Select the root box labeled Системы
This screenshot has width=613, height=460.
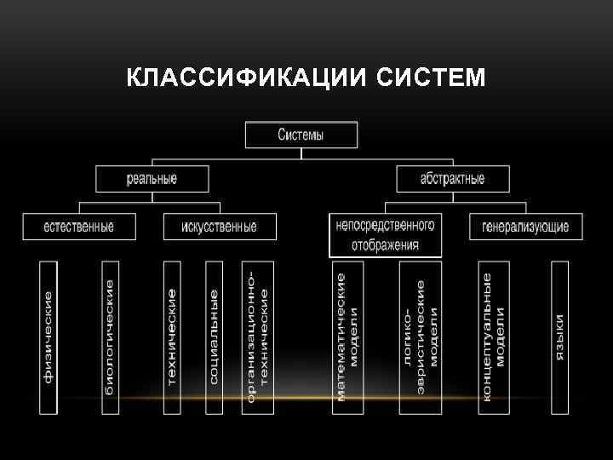[301, 135]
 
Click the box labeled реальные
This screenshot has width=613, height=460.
[152, 179]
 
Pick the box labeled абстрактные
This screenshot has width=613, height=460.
[452, 179]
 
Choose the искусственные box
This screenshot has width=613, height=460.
[219, 227]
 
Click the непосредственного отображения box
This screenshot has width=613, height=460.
[386, 235]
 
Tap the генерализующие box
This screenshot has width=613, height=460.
[524, 227]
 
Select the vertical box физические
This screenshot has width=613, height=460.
[49, 337]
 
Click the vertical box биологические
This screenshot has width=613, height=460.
[110, 337]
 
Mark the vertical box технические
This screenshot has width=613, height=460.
[172, 337]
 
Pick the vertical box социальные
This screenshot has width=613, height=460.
[214, 337]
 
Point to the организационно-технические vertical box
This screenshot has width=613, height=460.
[257, 337]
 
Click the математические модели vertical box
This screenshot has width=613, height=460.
[347, 337]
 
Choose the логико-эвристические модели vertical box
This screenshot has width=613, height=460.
[420, 337]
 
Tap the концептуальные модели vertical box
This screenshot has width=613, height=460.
[494, 337]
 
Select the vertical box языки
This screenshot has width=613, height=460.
[559, 337]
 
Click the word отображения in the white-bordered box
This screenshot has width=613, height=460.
[386, 245]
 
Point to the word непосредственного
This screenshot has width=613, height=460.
[386, 226]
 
